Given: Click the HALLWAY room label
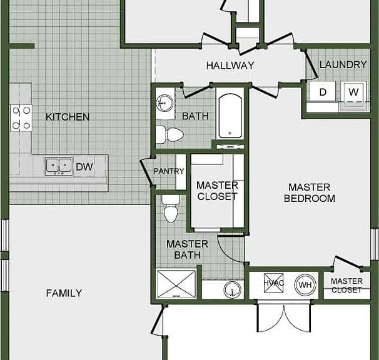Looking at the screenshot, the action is coord(230,65).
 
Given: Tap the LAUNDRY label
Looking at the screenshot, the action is coord(343,64).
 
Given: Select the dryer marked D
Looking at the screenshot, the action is coord(323,91).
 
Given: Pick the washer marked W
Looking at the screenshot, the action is coord(353,92).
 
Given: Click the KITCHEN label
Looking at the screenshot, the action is coord(68,117).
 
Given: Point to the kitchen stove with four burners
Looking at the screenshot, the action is coord(21,118).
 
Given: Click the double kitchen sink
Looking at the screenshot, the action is coord(59,166).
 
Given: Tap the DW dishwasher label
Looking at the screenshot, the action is coord(84,167).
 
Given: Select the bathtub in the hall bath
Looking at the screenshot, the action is coord(230,116).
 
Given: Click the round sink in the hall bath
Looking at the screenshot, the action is coord(164,103).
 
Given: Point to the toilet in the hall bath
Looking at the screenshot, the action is coord(169,134).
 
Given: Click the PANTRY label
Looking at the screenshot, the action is coord(169,171).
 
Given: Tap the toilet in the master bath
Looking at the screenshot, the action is coord(171,208).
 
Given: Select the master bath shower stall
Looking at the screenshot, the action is coord(176,283).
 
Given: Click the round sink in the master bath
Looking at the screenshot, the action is coord(232,289).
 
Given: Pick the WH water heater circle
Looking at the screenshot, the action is coord(305,284).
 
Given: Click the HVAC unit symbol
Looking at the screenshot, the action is coord(273,283).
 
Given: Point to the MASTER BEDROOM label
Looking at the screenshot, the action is coord(310,192).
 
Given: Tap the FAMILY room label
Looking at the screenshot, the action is coord(64,293).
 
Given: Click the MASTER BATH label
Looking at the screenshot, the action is coord(188,249).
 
